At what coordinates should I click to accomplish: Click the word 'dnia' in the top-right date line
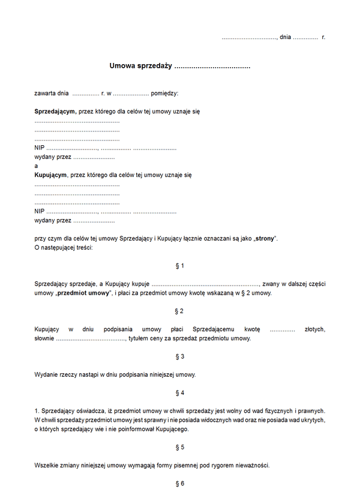tap(286, 37)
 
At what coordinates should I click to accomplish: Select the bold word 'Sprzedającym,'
tap(55, 112)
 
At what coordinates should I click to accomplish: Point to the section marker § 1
tap(179, 265)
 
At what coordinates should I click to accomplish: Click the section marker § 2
tap(179, 311)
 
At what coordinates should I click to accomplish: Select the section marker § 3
tap(179, 356)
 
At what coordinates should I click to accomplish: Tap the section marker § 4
tap(179, 393)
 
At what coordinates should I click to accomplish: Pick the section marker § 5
tap(179, 447)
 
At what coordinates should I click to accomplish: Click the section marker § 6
tap(179, 484)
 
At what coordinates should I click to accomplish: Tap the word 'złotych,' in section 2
tap(314, 329)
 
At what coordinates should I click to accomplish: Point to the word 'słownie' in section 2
tap(44, 338)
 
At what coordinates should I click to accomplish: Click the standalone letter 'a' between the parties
tap(37, 166)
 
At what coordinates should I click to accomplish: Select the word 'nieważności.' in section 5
tap(251, 466)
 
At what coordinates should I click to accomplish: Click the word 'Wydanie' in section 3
tap(46, 375)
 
